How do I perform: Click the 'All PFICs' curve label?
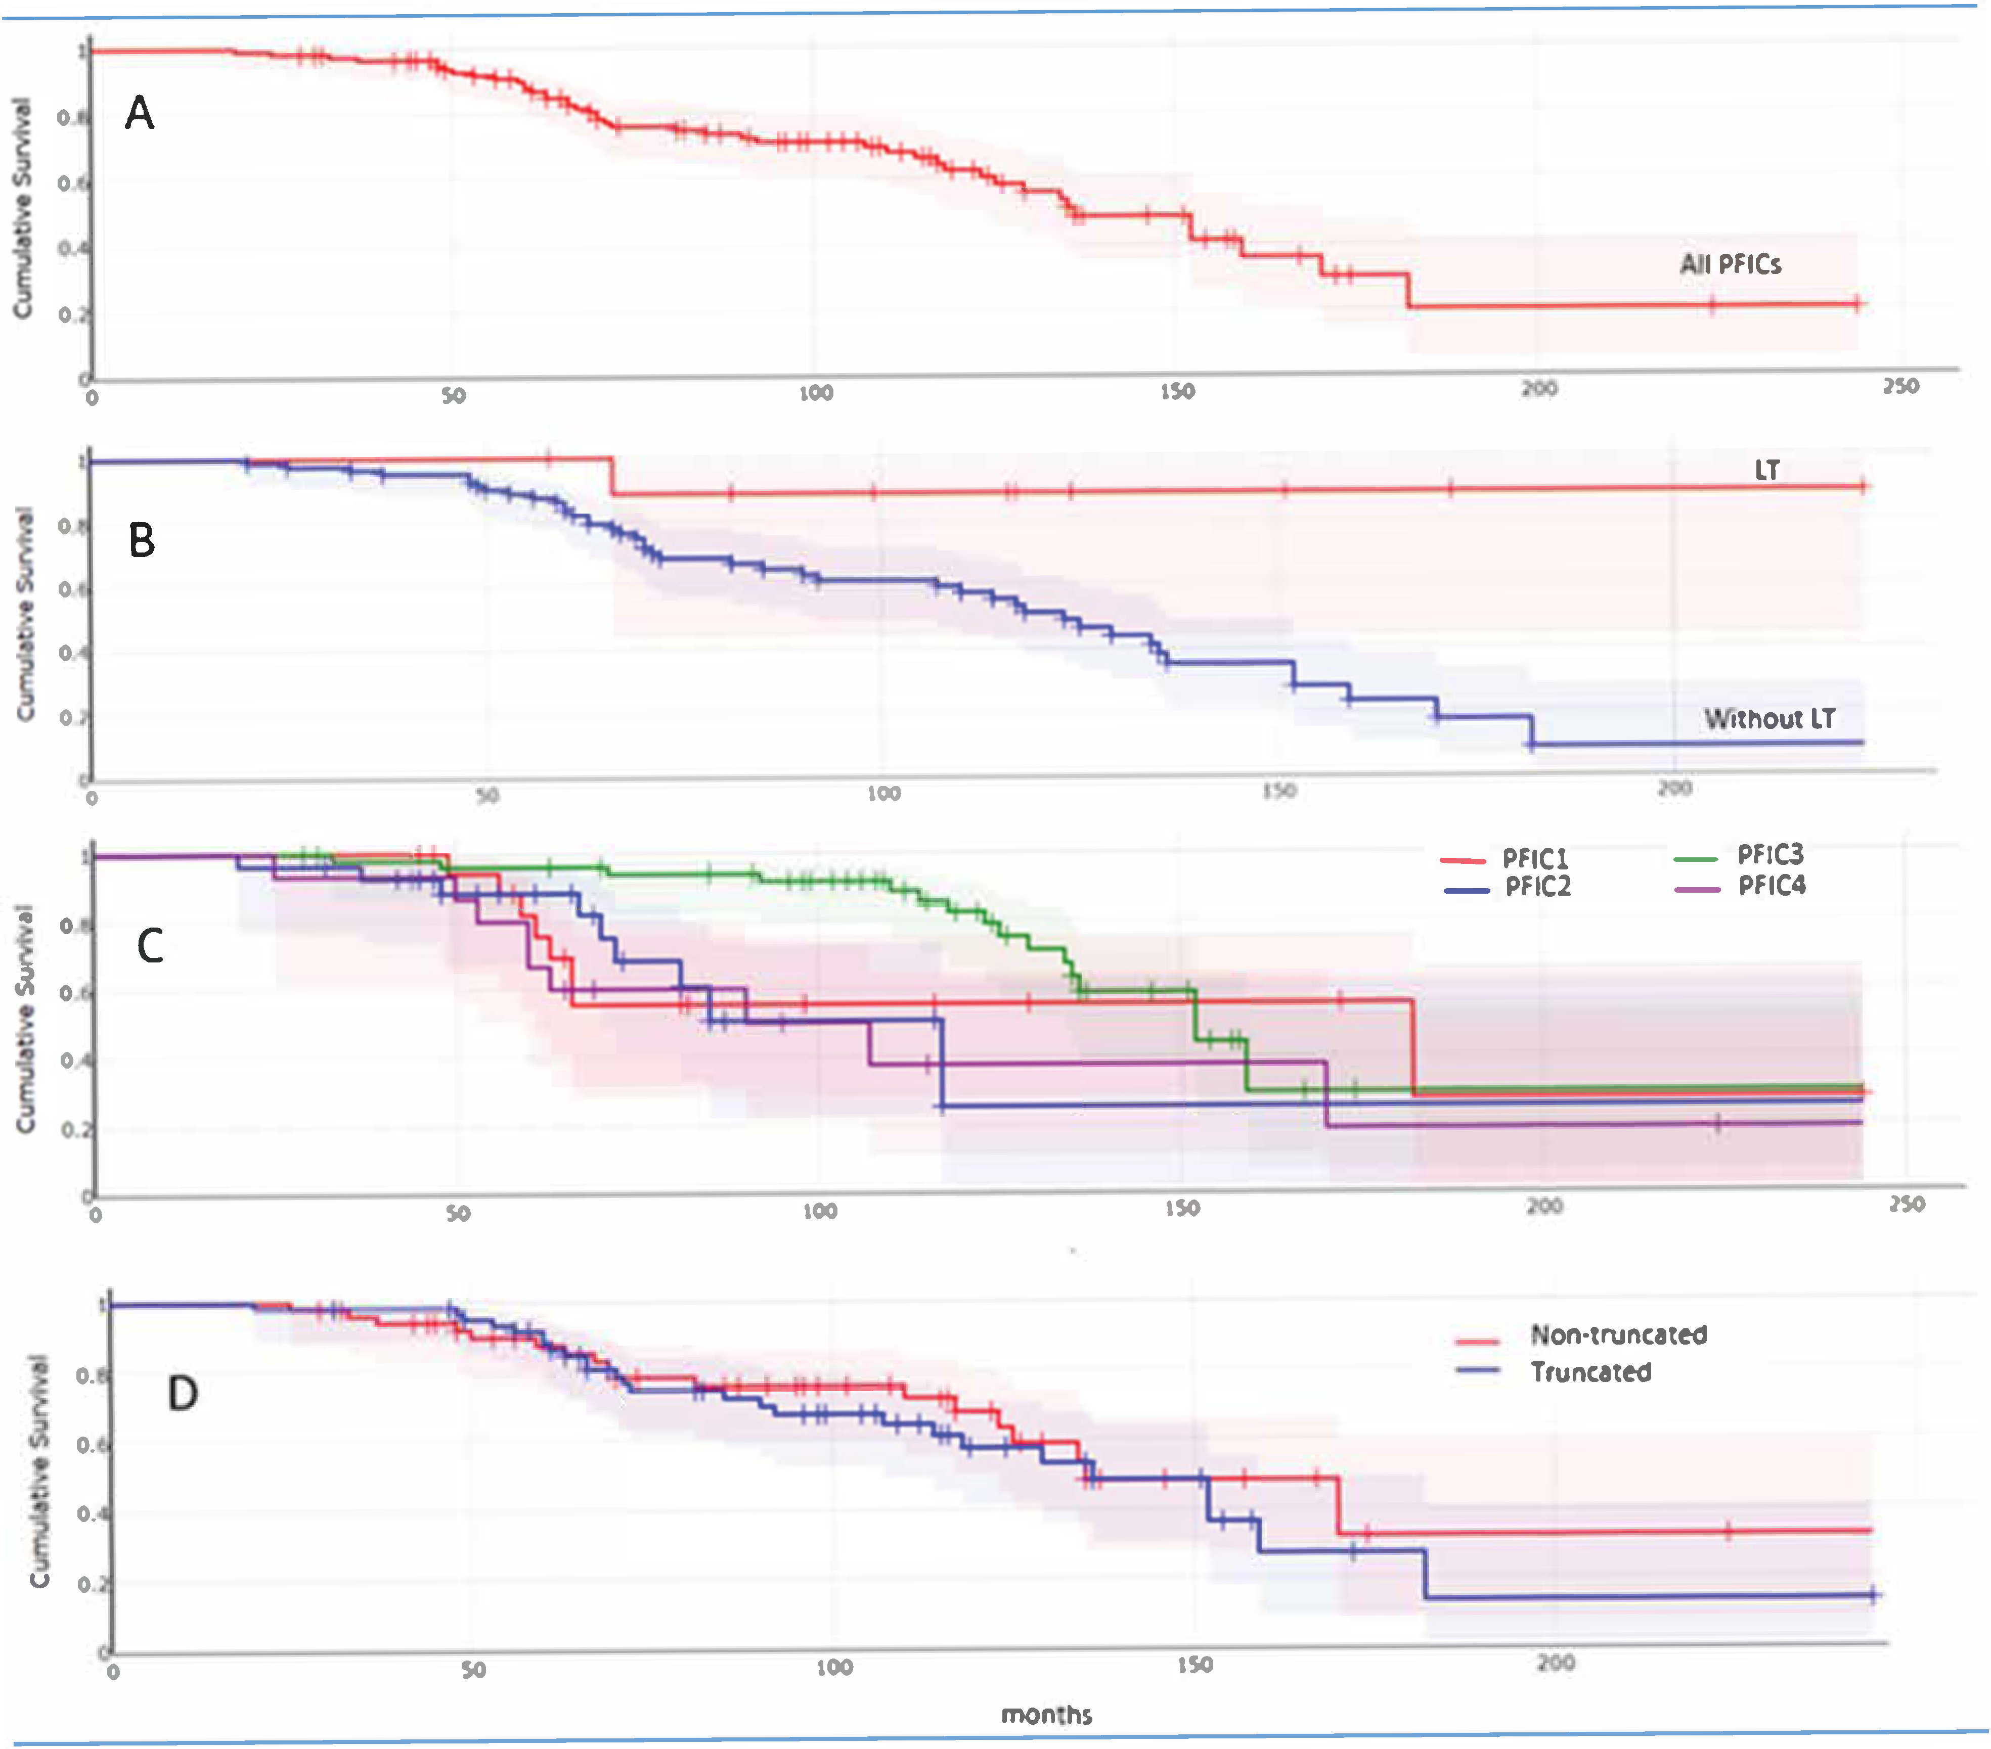tap(1730, 264)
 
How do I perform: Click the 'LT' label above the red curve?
tap(1767, 471)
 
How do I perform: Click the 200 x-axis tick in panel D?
tap(1556, 1663)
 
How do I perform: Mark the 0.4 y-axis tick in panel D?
tap(93, 1513)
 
